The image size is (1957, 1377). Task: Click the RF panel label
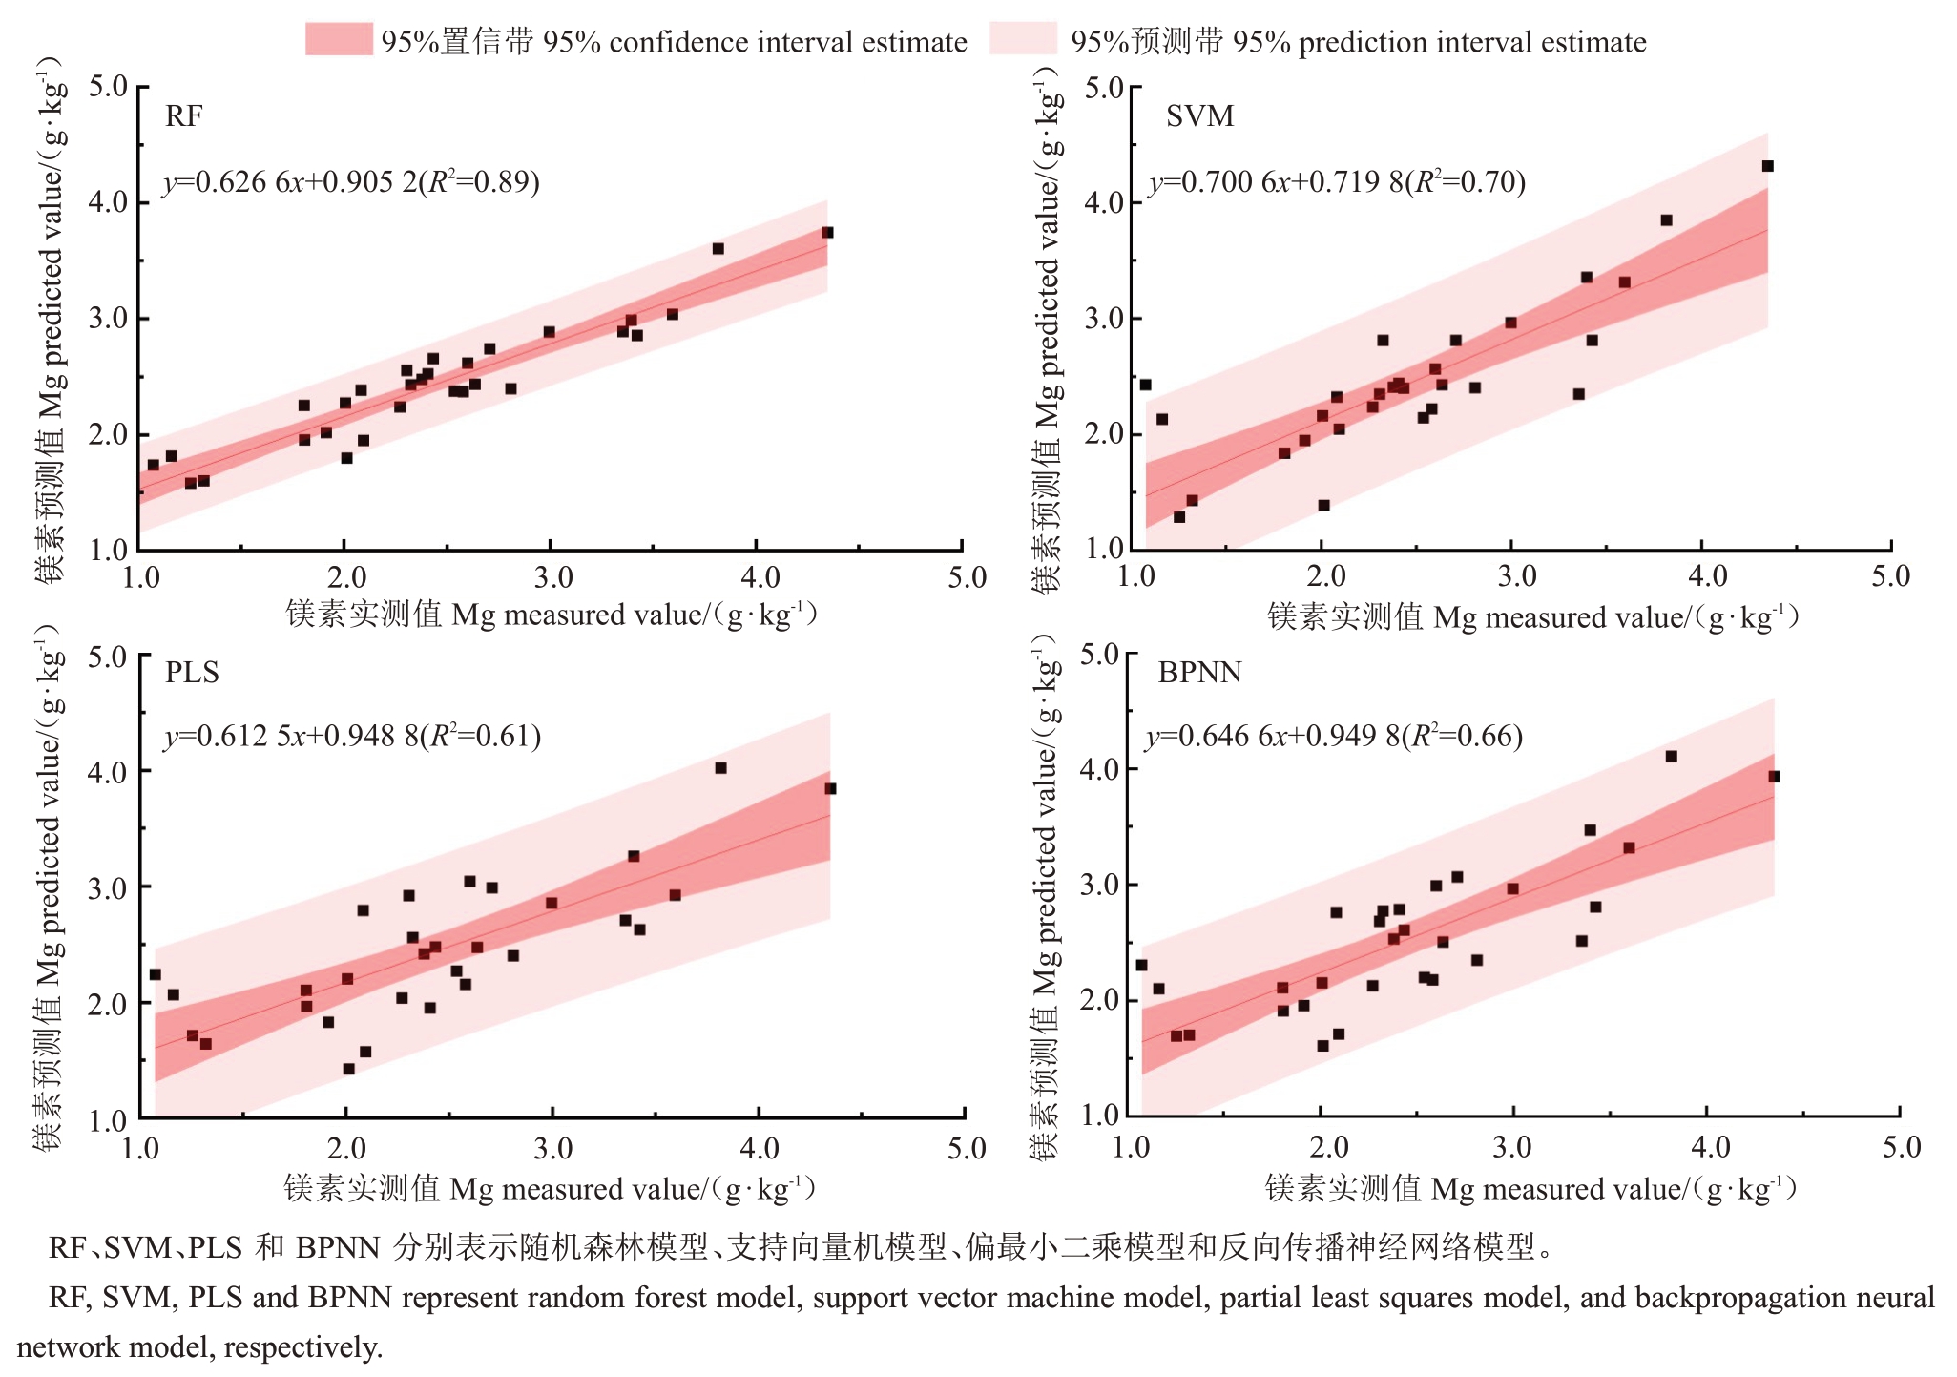183,116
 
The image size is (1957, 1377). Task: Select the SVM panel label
1199,116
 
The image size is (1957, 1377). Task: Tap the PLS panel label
192,673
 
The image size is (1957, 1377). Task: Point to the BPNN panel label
1199,673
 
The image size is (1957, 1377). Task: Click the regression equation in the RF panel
351,181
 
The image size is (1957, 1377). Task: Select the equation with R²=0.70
1337,181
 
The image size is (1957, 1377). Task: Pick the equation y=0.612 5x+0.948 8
352,736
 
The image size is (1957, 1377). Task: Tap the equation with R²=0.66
1334,736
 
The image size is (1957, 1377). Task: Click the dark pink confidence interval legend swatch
339,40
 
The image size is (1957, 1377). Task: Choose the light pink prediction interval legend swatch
1023,40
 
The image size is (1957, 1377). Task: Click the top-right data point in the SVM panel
1767,166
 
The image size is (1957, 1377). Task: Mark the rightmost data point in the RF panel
827,233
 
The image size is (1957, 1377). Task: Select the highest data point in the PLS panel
720,768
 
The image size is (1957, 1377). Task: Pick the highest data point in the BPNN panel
1671,757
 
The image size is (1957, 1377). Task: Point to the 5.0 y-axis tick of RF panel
108,87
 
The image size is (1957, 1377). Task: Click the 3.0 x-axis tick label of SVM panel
1516,576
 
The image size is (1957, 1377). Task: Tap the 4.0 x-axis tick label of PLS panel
760,1148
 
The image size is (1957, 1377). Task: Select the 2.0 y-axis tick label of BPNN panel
1099,1000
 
